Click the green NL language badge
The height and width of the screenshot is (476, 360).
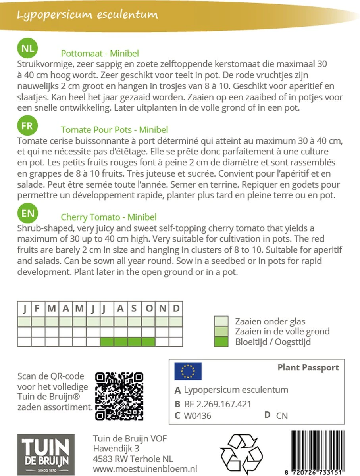tap(27, 49)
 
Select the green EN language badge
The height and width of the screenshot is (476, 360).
tap(27, 213)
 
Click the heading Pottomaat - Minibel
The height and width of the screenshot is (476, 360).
tap(100, 54)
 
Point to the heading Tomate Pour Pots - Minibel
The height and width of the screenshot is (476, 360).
tap(114, 130)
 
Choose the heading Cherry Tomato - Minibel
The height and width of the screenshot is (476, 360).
tap(108, 217)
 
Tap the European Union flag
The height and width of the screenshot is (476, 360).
tap(188, 371)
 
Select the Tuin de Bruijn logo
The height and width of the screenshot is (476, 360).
tap(46, 455)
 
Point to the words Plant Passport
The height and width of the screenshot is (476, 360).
tap(308, 368)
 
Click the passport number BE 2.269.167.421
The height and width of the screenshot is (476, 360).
tap(218, 404)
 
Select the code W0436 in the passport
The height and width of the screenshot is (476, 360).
tap(198, 416)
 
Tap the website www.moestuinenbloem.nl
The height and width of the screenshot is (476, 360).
tap(145, 469)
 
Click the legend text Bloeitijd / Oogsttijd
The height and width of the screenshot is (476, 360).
tap(273, 342)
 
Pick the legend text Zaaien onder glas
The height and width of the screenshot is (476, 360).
tap(270, 321)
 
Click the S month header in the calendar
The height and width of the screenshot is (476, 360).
tap(135, 309)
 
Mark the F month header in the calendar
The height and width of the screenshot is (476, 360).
tap(38, 309)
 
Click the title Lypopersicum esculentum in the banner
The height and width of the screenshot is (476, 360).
tap(87, 15)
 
